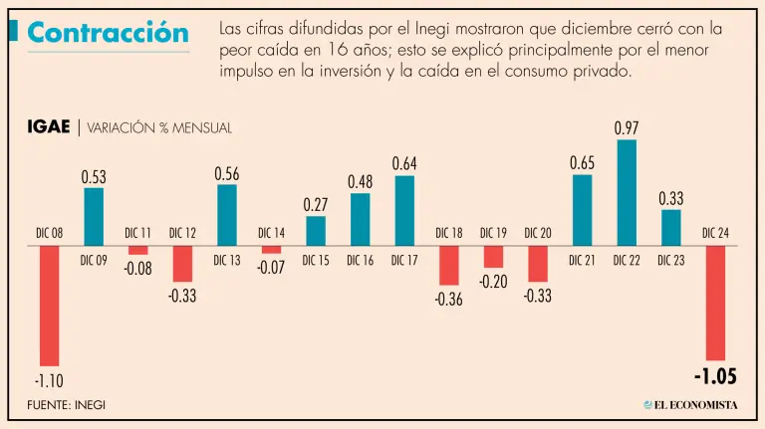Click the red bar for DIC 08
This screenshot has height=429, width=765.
click(50, 306)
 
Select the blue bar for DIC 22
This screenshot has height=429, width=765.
click(627, 192)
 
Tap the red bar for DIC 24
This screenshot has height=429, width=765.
click(715, 303)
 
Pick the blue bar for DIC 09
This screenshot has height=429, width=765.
click(94, 216)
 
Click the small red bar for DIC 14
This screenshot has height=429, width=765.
click(271, 249)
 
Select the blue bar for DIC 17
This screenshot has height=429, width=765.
click(404, 210)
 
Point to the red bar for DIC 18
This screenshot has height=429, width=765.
click(448, 265)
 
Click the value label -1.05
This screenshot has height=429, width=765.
click(715, 377)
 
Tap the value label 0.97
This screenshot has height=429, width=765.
click(627, 127)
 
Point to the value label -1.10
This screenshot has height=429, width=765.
click(50, 381)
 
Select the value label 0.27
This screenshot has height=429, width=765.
click(316, 204)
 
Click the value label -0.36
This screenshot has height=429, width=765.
click(448, 300)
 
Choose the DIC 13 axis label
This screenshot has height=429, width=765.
click(227, 261)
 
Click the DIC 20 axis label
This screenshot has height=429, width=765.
click(538, 233)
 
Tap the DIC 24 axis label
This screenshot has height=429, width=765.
click(715, 233)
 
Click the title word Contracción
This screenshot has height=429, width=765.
click(108, 33)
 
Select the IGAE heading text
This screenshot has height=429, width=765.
click(49, 126)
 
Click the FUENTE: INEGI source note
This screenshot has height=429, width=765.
click(66, 404)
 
